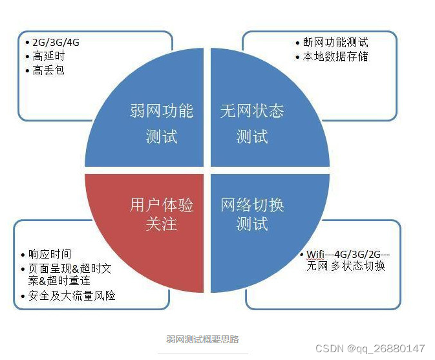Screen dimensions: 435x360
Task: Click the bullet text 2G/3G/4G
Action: (x=56, y=43)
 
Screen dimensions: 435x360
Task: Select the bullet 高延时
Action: (x=48, y=56)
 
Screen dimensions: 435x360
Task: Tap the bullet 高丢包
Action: (x=48, y=70)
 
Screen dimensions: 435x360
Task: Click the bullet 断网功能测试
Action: (x=335, y=43)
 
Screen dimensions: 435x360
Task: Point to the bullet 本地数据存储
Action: (x=335, y=56)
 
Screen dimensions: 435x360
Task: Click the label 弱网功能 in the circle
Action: (x=161, y=111)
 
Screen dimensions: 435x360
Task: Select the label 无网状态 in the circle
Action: (x=252, y=111)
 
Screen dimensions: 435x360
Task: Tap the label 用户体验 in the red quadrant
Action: (x=161, y=205)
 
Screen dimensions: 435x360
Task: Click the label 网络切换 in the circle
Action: (x=252, y=205)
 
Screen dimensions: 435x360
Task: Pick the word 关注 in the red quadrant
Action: (x=161, y=224)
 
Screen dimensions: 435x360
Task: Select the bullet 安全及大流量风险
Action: (x=72, y=296)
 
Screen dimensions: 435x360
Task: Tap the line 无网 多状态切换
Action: (x=346, y=266)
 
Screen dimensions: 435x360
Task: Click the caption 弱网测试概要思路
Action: (x=202, y=339)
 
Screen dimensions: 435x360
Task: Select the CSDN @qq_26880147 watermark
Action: (x=370, y=348)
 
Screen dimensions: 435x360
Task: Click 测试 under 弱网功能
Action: (x=161, y=136)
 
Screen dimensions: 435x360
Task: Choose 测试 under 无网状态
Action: (x=252, y=136)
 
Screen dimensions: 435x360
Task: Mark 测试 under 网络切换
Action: (x=252, y=224)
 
